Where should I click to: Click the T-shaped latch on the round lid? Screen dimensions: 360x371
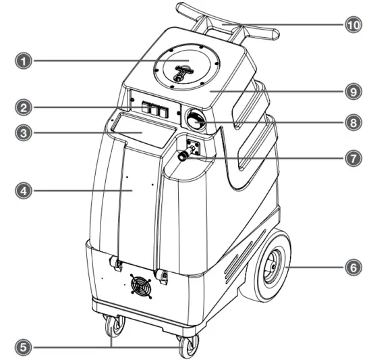181,72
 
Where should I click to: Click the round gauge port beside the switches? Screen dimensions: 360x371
196,120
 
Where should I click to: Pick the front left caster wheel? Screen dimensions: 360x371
114,328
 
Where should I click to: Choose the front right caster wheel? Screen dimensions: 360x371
185,346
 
